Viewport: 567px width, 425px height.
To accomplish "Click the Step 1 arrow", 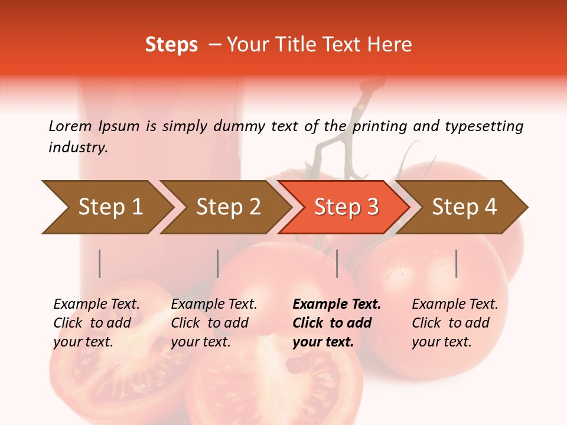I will pyautogui.click(x=110, y=207).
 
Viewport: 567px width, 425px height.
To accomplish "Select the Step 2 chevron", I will pyautogui.click(x=228, y=207).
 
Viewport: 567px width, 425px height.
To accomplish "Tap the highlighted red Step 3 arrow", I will pyautogui.click(x=346, y=207).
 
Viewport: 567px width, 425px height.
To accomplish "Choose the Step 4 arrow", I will pyautogui.click(x=464, y=207).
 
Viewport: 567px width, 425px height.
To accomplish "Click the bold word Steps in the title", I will pyautogui.click(x=171, y=45).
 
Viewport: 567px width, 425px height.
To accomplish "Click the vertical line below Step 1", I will pyautogui.click(x=100, y=263).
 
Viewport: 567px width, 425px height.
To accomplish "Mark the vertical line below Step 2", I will pyautogui.click(x=218, y=263).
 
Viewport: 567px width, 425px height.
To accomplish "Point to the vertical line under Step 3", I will pyautogui.click(x=337, y=263).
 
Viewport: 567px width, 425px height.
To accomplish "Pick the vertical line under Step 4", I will pyautogui.click(x=456, y=263).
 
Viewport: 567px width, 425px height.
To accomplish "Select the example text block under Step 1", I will pyautogui.click(x=96, y=323).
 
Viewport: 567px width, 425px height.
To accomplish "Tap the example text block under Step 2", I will pyautogui.click(x=214, y=323).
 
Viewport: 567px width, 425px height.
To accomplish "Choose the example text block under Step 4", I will pyautogui.click(x=455, y=323).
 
